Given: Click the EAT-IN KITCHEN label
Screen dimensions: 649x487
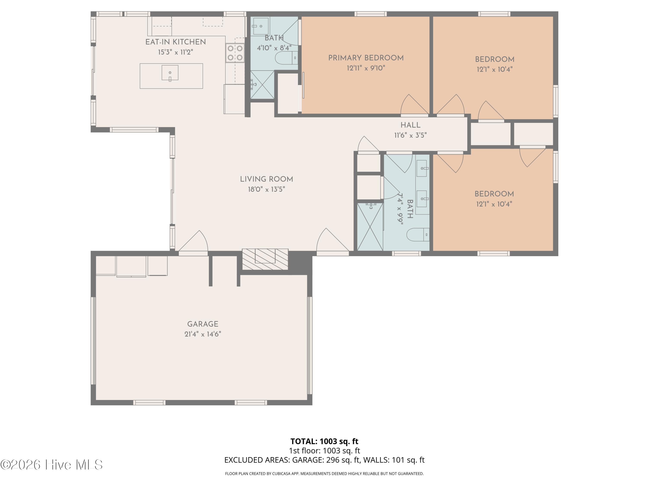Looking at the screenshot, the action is [175, 42].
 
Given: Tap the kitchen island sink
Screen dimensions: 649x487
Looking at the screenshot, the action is [170, 73].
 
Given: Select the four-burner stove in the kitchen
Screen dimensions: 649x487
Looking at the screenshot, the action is [235, 53].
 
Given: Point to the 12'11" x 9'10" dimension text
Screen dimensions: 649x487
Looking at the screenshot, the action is [366, 68].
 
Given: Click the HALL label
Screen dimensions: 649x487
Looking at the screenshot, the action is [410, 125].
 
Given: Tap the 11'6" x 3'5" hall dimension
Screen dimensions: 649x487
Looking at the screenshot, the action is [410, 135].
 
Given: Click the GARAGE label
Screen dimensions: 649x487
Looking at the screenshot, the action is [203, 324].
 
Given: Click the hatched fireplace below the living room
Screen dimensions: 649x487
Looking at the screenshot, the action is [265, 259].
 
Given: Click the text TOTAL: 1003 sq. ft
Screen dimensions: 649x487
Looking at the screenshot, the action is [324, 441].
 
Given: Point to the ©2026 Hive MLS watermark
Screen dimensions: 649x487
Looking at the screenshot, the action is [52, 465].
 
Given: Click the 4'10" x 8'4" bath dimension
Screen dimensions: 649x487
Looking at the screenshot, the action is [274, 48].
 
